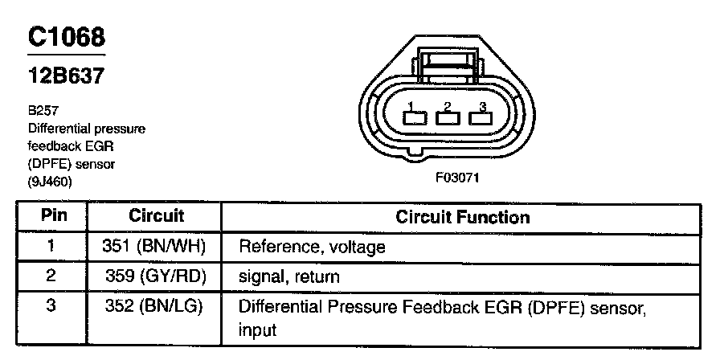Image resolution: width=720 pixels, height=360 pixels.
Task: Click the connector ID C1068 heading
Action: click(x=66, y=37)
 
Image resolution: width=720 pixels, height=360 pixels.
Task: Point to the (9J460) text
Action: click(x=51, y=182)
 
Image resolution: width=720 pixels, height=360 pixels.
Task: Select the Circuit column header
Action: click(x=156, y=216)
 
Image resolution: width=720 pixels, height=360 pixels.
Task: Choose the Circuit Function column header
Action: click(x=462, y=217)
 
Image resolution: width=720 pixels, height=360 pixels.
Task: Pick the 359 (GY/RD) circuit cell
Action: click(x=156, y=277)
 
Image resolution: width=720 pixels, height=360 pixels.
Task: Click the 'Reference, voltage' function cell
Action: click(x=312, y=247)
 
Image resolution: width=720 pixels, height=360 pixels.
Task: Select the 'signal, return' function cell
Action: click(x=289, y=277)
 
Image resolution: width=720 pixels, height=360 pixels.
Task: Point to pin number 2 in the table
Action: click(x=50, y=276)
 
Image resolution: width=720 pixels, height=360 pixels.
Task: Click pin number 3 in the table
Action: click(x=50, y=307)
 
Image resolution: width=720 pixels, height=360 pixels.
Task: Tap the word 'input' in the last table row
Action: click(x=257, y=330)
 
